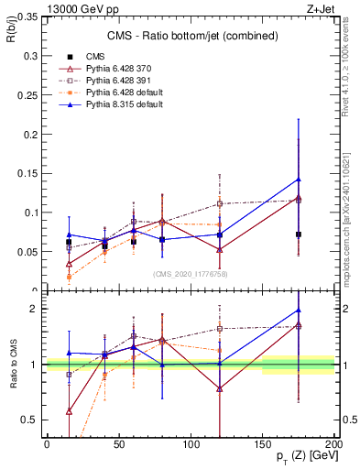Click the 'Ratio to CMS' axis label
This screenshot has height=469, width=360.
pos(11,365)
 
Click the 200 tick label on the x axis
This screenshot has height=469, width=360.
pos(334,443)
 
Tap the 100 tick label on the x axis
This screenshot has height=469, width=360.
pos(191,443)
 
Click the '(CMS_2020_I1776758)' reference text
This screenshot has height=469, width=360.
pos(190,273)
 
